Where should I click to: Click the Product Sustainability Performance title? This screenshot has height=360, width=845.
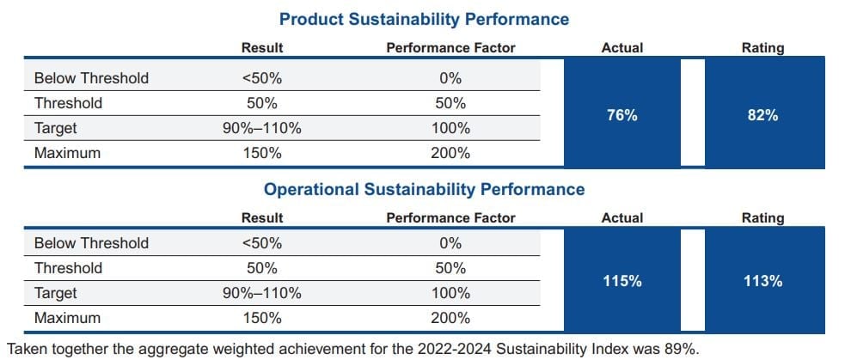tap(425, 19)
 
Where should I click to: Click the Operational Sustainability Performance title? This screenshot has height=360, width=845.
tap(425, 189)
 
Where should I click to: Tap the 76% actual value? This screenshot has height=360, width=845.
tap(622, 115)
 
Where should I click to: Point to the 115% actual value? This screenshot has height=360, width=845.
tap(622, 281)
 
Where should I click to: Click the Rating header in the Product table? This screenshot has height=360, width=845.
tap(762, 48)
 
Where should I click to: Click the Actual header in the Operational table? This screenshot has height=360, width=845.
tap(622, 218)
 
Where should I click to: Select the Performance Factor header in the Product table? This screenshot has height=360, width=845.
tap(450, 48)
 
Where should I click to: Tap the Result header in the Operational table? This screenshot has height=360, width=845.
tap(262, 218)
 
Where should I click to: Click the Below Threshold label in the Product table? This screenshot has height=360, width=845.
tap(91, 78)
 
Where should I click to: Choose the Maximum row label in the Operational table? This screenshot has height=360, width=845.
tap(67, 318)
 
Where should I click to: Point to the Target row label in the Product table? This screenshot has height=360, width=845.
tap(56, 128)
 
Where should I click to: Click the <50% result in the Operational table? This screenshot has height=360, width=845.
tap(262, 243)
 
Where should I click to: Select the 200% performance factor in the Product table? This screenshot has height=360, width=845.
tap(450, 153)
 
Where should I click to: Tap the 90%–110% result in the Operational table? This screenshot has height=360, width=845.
tap(262, 293)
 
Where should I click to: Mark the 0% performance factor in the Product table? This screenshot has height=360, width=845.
tap(450, 78)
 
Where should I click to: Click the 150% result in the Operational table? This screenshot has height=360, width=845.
tap(262, 318)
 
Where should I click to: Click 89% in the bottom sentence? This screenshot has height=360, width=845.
tap(684, 348)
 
